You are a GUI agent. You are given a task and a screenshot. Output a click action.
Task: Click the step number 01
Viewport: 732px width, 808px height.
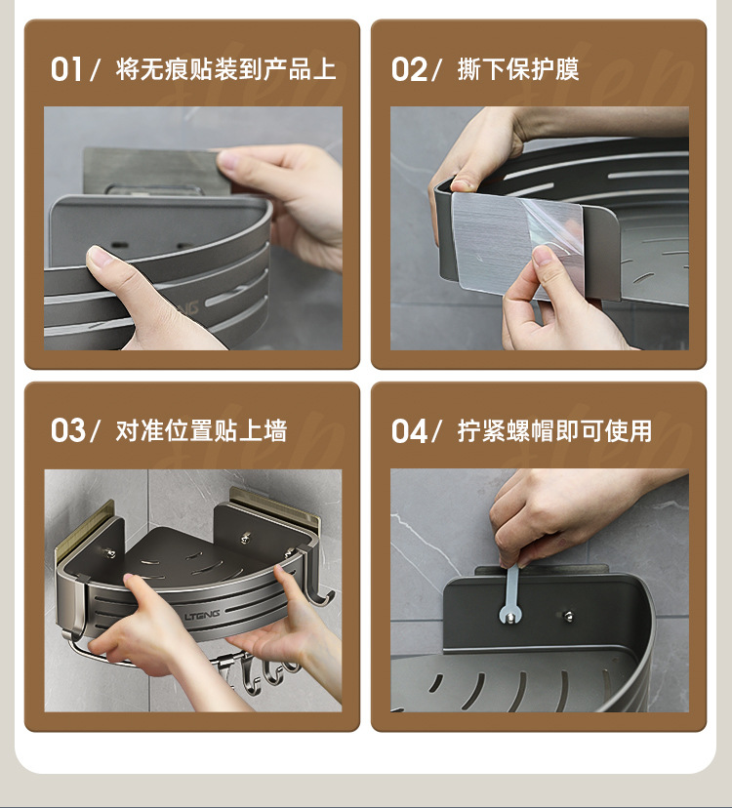point(66,69)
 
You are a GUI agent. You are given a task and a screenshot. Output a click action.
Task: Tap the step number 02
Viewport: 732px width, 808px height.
point(409,69)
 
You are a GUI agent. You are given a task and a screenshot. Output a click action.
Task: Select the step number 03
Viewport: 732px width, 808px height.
point(68,430)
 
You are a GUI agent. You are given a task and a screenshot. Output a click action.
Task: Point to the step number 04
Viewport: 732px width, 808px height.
point(409,430)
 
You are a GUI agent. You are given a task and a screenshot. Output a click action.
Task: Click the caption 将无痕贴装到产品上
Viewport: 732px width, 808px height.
point(225,69)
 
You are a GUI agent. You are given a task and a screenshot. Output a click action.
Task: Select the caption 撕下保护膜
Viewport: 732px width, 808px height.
point(518,69)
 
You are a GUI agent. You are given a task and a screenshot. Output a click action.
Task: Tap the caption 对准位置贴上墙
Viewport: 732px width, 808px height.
point(201,430)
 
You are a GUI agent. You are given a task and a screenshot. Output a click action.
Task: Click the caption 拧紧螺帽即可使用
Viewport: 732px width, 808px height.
point(554,430)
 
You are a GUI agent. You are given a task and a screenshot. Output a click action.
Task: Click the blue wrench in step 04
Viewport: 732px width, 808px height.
point(510,595)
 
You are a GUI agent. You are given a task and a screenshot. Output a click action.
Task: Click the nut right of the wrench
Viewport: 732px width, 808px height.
point(568,616)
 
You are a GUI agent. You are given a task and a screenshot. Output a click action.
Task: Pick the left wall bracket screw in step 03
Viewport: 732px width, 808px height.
point(109,553)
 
